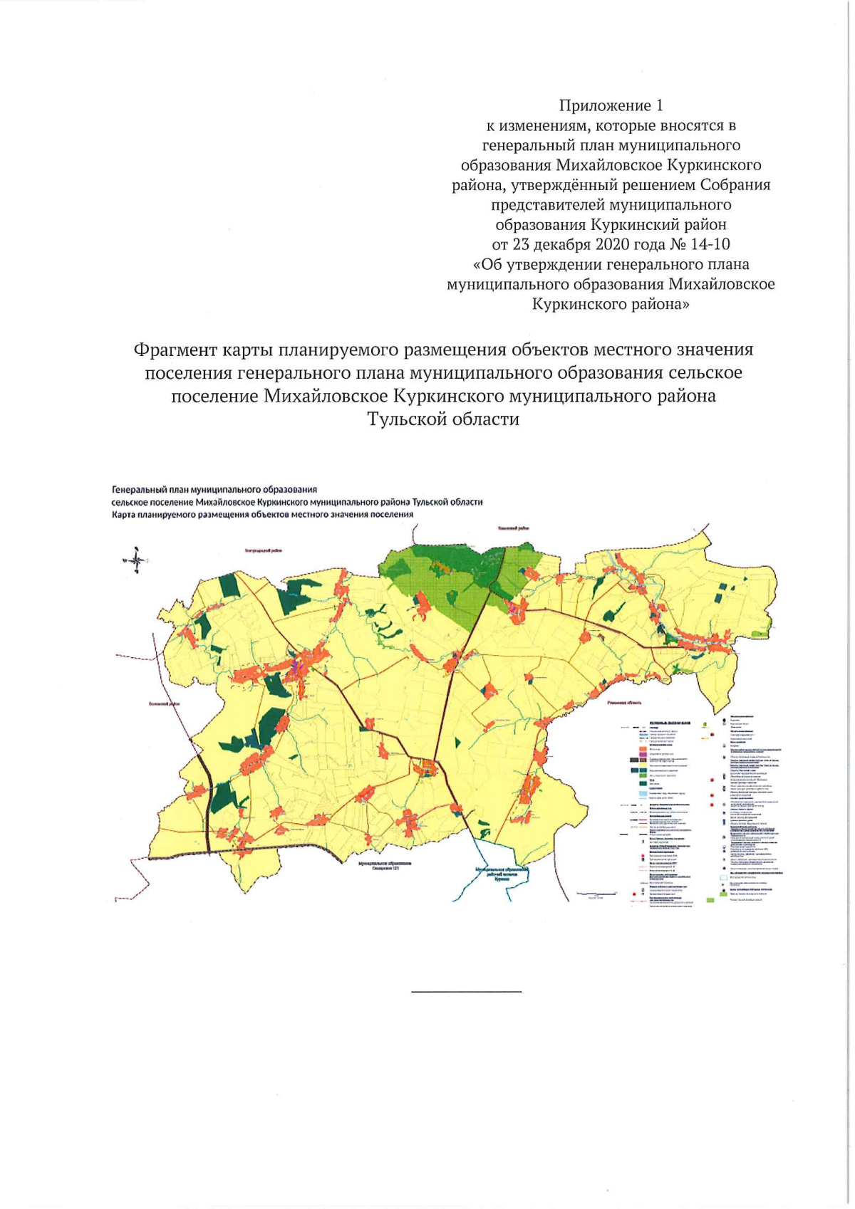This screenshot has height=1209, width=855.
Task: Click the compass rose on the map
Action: coord(137,560)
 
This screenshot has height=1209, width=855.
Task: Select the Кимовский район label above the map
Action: coord(514,528)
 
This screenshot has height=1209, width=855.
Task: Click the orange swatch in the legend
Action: coord(643,750)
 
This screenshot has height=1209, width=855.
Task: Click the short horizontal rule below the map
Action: coord(466,991)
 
